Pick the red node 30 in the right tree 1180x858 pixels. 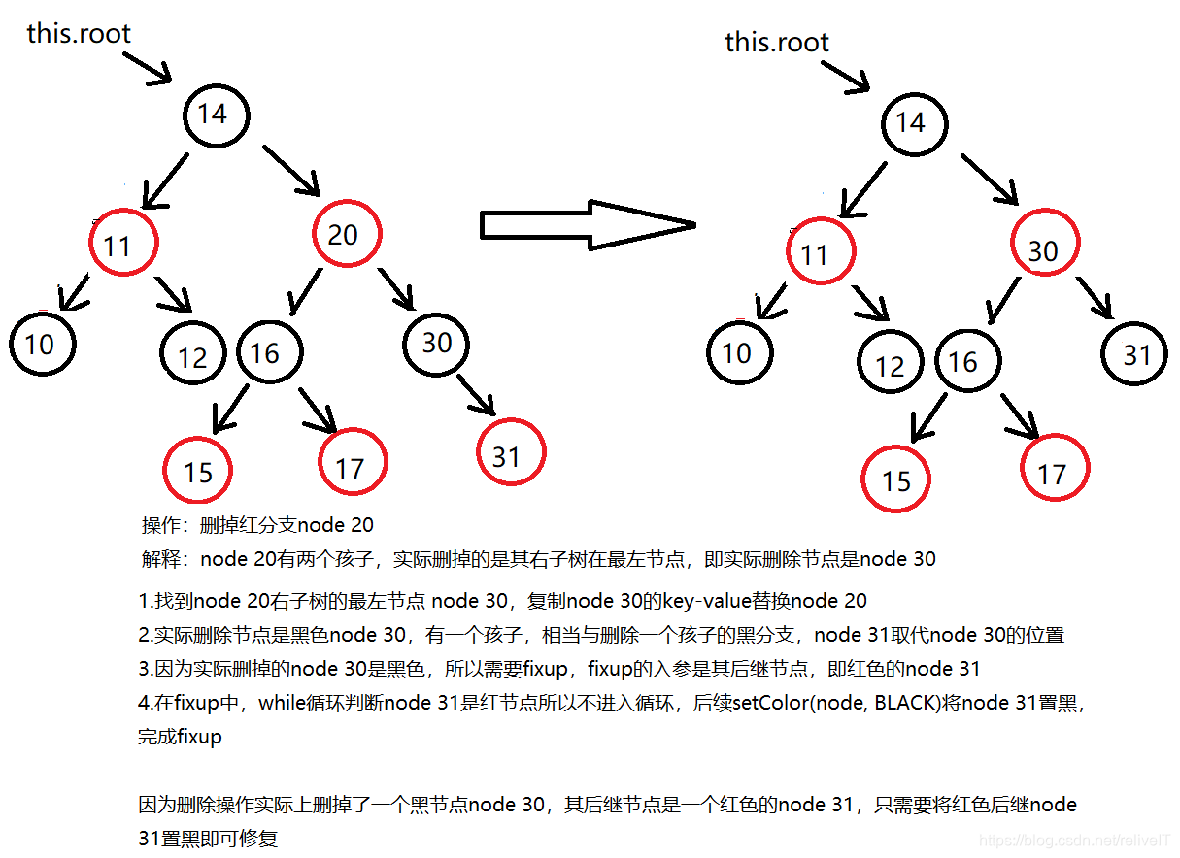pos(1043,251)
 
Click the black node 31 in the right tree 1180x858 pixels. pos(1135,354)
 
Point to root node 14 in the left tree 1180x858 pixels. pos(213,114)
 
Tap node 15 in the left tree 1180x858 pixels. pos(197,471)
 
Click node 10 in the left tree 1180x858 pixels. pos(42,344)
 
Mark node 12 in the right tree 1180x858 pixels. pos(890,364)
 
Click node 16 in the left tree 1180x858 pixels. pos(268,352)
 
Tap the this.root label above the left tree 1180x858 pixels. pos(79,34)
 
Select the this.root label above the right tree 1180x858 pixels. pos(777,43)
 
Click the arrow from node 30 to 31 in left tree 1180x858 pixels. pos(479,397)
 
